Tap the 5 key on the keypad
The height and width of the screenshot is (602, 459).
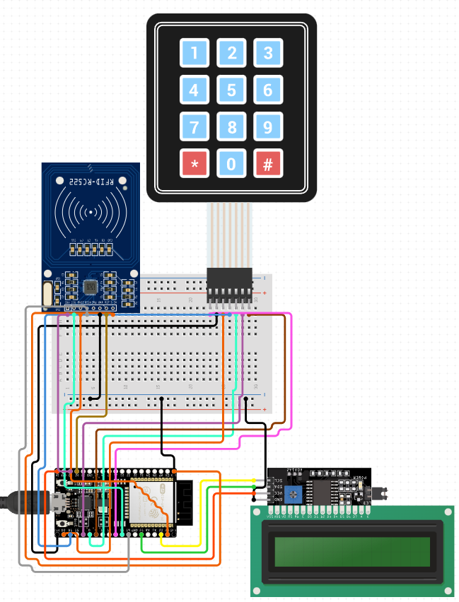click(231, 90)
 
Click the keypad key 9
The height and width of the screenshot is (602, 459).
click(268, 127)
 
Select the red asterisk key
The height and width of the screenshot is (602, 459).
click(194, 164)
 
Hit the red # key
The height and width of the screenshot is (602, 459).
click(268, 164)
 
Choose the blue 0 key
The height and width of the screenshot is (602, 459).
click(231, 164)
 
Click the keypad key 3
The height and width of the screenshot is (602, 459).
click(268, 52)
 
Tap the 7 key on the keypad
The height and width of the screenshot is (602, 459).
click(194, 127)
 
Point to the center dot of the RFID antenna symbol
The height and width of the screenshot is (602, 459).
click(91, 211)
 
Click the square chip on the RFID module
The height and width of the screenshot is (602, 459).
click(91, 286)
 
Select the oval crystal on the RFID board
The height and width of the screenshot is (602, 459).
click(47, 294)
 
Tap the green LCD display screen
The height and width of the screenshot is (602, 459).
click(352, 551)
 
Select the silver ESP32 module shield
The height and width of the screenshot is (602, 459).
click(151, 502)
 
